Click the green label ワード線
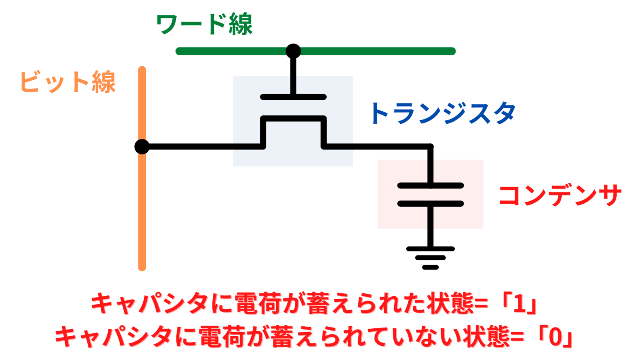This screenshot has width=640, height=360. coord(204,25)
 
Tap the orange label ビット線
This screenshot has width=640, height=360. coord(68,82)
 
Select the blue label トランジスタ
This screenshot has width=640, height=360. coord(443,113)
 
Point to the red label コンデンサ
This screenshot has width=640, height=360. coord(560,195)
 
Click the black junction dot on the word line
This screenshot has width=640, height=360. coord(293,51)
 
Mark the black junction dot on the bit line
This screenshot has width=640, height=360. coord(142,147)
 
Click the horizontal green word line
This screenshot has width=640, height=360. coord(375,51)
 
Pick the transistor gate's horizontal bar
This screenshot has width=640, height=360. coord(293,97)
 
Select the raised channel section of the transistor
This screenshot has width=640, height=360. coord(293,119)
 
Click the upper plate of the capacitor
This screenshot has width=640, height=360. coord(430,185)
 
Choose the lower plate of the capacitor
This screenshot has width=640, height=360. coord(430,204)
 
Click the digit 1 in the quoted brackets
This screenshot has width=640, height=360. coord(519,304)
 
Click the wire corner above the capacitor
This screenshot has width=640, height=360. coord(430,147)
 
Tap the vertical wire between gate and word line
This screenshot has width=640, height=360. coord(293,77)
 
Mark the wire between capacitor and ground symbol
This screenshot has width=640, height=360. coord(430,227)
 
